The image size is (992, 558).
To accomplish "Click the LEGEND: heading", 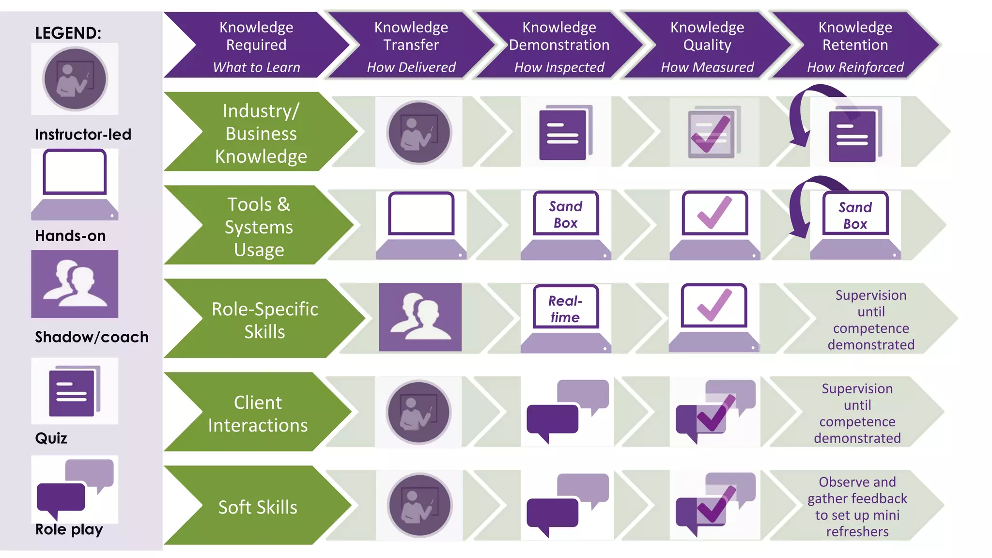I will coord(68,33).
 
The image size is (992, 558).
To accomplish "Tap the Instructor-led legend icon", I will coord(75,79).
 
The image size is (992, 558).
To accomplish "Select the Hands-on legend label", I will coord(70,236).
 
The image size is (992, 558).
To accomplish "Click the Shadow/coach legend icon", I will coord(75,284).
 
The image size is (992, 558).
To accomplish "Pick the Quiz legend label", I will coord(51,438).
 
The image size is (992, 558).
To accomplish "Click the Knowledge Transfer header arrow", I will coord(411,45).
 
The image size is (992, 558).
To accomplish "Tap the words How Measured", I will coord(707,67).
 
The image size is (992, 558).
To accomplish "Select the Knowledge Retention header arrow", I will coord(855,45).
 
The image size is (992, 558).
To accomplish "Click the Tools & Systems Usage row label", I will coord(259,227).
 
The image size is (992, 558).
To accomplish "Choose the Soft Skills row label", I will coord(258,507).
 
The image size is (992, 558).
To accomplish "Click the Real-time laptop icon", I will coord(566,318).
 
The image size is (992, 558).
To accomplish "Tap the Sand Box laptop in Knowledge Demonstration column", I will coord(566,225).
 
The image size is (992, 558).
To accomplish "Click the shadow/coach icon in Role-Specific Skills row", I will coord(420,317).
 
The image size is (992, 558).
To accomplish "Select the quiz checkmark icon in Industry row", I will coord(713,132).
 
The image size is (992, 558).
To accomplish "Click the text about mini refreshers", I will coord(857,507).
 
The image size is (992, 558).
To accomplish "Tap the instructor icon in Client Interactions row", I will coord(419,412).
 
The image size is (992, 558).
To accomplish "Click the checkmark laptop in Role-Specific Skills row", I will coord(714,318).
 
